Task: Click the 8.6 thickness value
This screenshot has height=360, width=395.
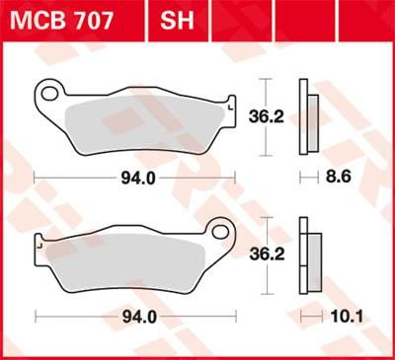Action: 340,179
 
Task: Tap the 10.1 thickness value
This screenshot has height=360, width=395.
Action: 341,317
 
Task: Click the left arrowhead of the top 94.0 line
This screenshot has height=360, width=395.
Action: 38,179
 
